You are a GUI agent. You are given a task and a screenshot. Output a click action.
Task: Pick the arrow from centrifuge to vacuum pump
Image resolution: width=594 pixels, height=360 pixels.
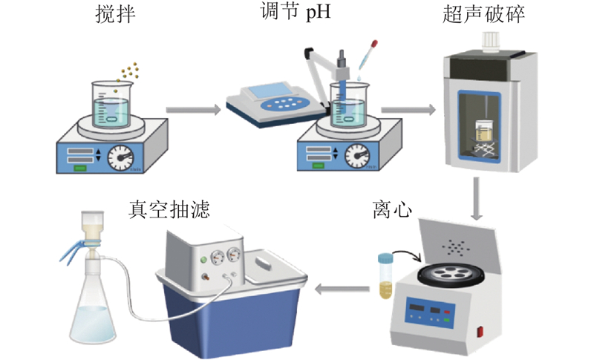point(341,289)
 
